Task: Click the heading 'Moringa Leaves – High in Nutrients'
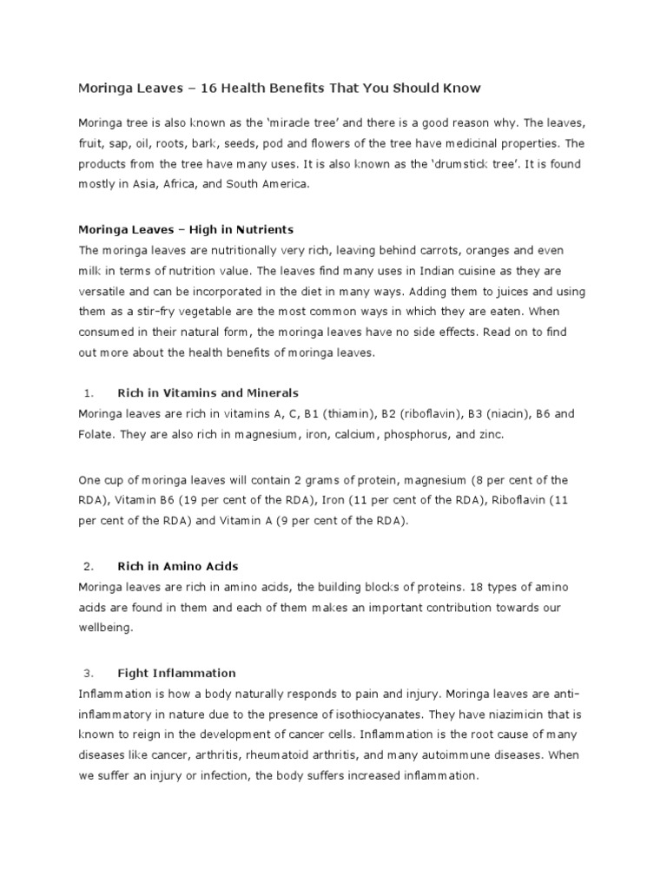click(x=186, y=230)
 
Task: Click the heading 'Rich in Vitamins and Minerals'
click(x=208, y=393)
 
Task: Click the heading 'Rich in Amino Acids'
click(x=177, y=567)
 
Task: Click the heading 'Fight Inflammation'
click(x=176, y=673)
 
